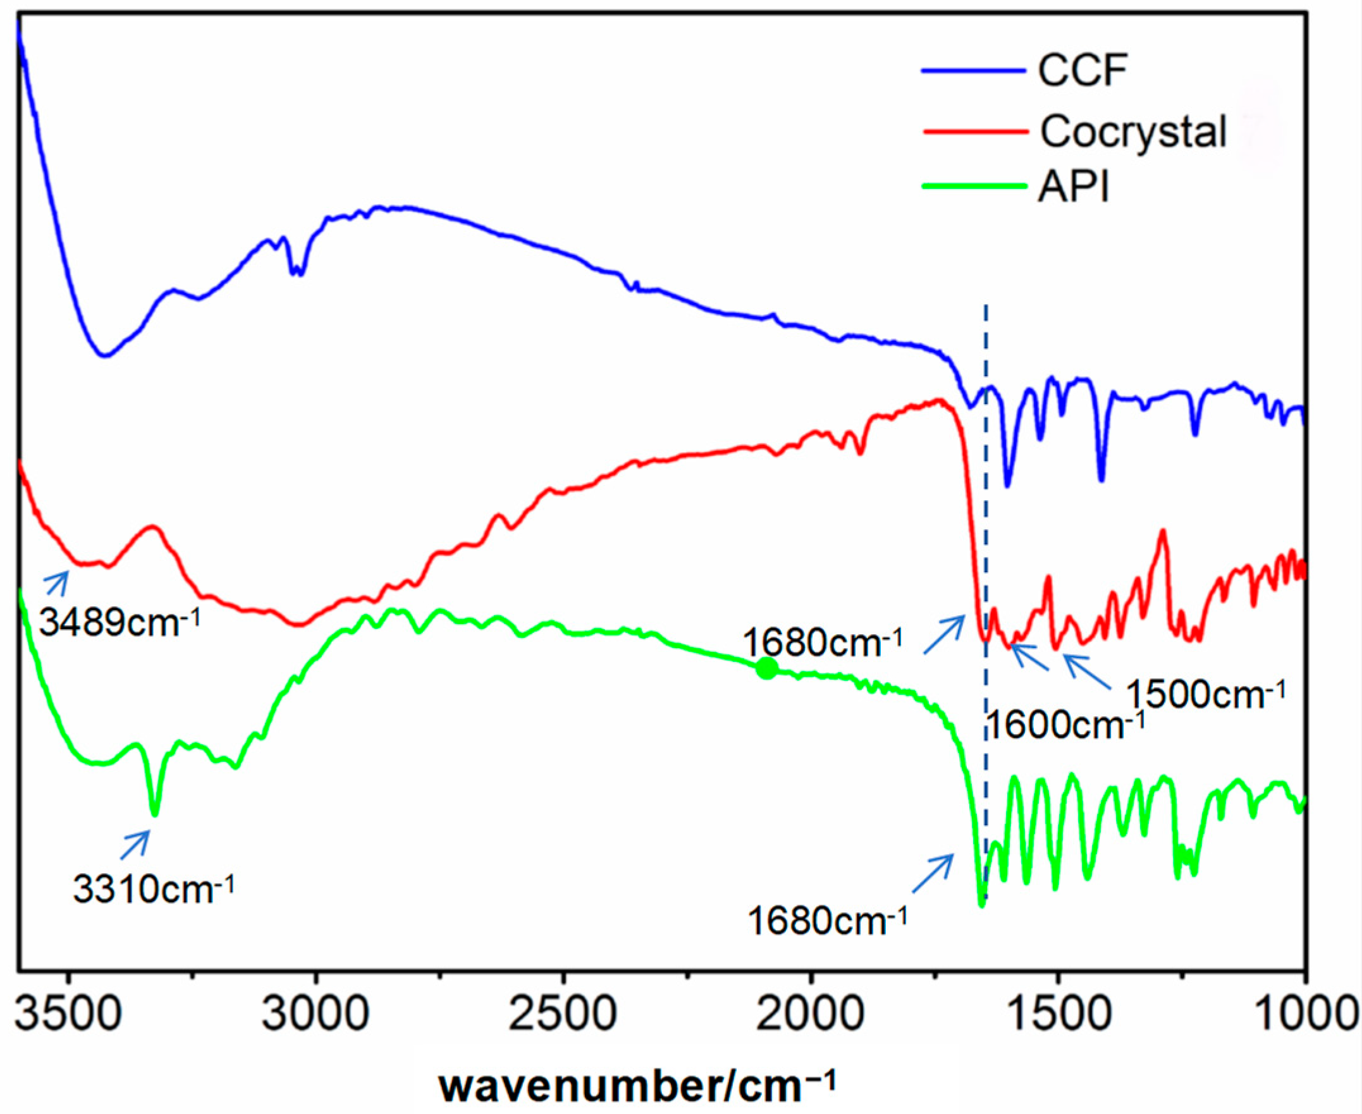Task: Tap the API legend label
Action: [x=1073, y=187]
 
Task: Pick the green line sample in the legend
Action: [x=973, y=187]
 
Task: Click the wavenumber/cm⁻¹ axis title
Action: [x=637, y=1084]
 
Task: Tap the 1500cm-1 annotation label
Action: [x=1206, y=694]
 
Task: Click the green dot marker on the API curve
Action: [x=766, y=669]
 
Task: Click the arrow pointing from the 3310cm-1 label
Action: [x=135, y=845]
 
